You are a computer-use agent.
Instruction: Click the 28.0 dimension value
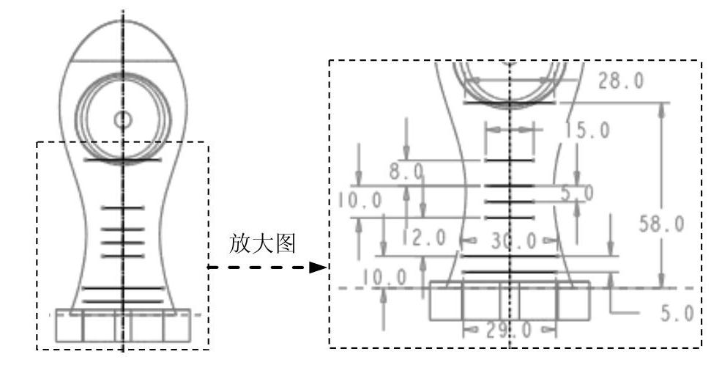(621, 81)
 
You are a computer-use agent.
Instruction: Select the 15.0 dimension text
(587, 130)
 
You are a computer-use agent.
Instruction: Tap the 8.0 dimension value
(406, 172)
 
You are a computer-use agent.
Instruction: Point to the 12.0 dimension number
(424, 237)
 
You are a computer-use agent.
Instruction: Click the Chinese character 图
(286, 245)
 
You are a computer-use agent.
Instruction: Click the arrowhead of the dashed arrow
(318, 268)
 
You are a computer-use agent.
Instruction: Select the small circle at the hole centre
(122, 119)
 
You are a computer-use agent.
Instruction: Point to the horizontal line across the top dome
(122, 59)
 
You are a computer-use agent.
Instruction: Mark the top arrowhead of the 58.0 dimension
(663, 108)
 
